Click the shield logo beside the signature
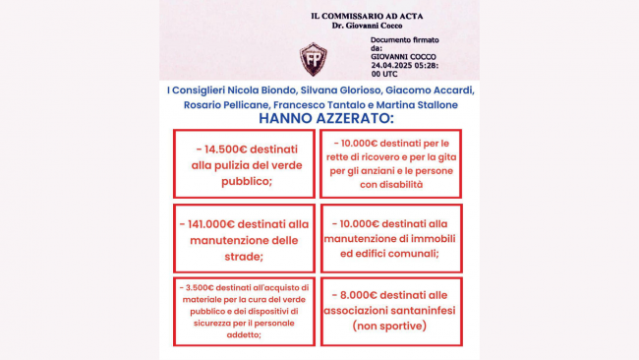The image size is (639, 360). click(314, 58)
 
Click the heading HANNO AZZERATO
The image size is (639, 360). click(323, 118)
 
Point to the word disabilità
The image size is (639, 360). click(395, 184)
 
